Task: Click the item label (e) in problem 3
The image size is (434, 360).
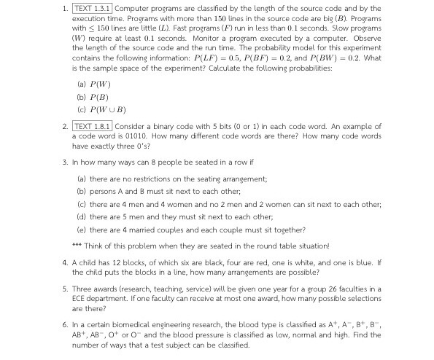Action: pyautogui.click(x=82, y=230)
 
